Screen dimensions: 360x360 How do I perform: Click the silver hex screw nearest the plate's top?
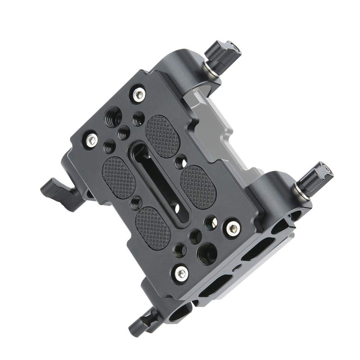click(x=139, y=94)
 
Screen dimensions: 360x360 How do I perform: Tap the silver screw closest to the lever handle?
click(x=92, y=139)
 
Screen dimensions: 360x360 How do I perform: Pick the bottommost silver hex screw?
click(x=181, y=272)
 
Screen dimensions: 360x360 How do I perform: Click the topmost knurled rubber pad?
click(x=162, y=135)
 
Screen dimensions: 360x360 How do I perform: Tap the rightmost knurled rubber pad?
click(x=198, y=186)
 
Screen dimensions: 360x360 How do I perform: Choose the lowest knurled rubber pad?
click(x=153, y=228)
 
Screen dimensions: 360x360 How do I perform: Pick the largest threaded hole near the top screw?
click(x=113, y=118)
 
